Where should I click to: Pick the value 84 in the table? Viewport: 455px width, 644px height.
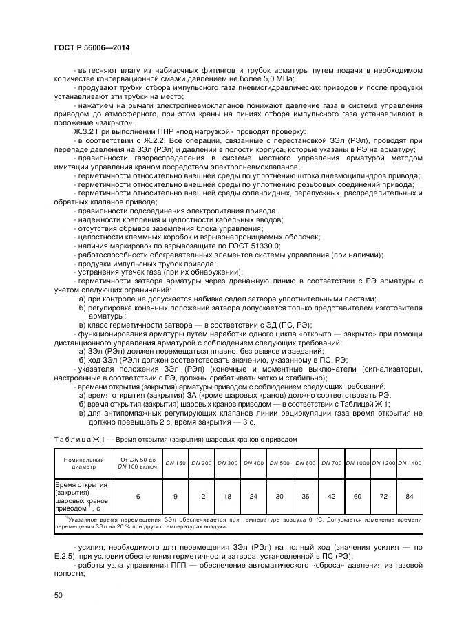[x=410, y=495]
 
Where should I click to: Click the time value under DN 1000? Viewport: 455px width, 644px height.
[x=357, y=495]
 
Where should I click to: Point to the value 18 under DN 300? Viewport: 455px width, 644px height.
[x=227, y=495]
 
